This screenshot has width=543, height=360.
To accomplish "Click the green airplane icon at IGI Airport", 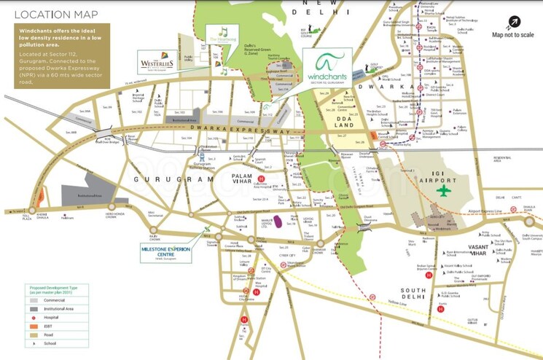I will (x=444, y=191).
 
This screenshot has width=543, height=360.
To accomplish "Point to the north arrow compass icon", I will (x=515, y=23).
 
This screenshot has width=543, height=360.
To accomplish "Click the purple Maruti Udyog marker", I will (x=278, y=222).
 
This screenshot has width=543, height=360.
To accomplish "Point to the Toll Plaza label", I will (x=12, y=217).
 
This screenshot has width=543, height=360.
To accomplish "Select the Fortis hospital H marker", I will (x=440, y=309).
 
